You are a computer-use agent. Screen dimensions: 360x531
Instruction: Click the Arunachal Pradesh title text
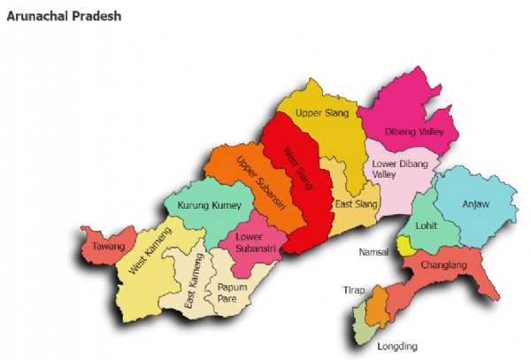point(64,17)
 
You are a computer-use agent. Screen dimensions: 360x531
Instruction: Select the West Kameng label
point(150,253)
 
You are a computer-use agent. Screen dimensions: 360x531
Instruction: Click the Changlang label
point(443,263)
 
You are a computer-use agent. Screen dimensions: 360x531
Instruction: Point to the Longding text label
point(396,346)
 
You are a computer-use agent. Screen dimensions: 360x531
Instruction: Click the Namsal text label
point(373,252)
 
